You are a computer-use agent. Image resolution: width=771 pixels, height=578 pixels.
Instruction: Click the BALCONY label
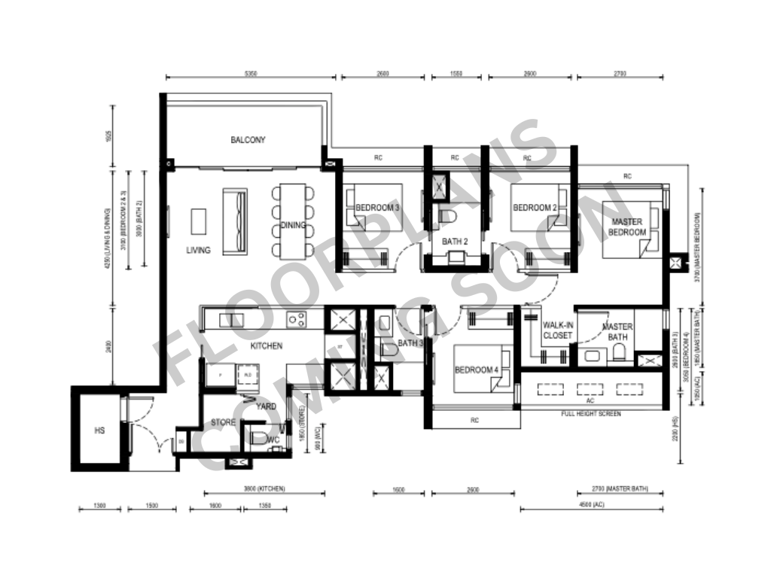[x=248, y=140]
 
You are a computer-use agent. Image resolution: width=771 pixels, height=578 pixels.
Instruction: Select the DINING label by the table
[x=293, y=225]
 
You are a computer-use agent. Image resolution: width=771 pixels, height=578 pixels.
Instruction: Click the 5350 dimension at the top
[x=251, y=74]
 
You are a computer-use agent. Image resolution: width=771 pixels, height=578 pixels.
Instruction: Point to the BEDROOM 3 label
[x=377, y=208]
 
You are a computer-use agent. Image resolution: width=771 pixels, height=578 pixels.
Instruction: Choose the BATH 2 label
[x=455, y=242]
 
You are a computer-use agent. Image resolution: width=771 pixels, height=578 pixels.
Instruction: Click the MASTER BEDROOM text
[x=627, y=227]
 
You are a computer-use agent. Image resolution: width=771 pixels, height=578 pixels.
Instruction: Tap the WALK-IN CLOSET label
[x=557, y=330]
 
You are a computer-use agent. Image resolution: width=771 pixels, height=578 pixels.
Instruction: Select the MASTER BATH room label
[x=617, y=332]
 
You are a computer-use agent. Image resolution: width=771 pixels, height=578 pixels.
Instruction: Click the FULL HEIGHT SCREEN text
[x=591, y=414]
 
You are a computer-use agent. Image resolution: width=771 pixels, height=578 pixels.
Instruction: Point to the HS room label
[x=99, y=431]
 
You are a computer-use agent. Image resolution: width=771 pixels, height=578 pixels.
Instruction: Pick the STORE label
[x=223, y=422]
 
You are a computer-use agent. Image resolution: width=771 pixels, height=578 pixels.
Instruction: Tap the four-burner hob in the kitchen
[x=296, y=319]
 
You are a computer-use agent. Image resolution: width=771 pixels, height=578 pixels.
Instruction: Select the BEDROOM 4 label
[x=476, y=370]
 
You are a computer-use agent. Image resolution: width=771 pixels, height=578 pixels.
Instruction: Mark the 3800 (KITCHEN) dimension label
[x=264, y=489]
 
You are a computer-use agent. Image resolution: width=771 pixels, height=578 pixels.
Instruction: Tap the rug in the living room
[x=200, y=222]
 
